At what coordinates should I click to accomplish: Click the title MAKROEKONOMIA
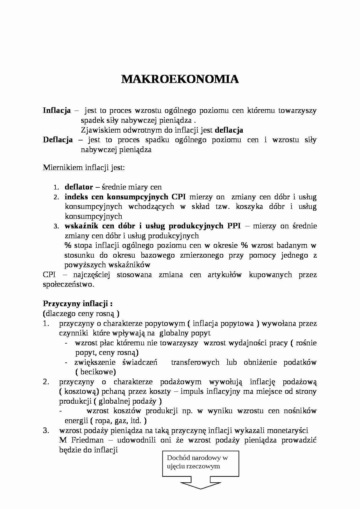[x=180, y=79]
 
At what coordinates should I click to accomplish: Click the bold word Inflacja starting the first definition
[x=57, y=111]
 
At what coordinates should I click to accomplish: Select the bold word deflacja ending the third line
[x=229, y=130]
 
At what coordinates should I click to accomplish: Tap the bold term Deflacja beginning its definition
[x=58, y=140]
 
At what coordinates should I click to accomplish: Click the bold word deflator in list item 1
[x=79, y=187]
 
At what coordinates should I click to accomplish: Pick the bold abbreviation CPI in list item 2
[x=179, y=197]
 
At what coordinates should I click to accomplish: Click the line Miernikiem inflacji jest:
[x=84, y=168]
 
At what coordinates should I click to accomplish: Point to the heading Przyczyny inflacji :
[x=78, y=304]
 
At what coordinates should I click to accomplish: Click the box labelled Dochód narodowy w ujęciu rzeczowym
[x=200, y=463]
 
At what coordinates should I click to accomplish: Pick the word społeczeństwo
[x=69, y=284]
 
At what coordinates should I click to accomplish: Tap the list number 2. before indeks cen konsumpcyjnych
[x=56, y=197]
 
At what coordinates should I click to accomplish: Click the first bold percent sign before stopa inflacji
[x=68, y=246]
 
